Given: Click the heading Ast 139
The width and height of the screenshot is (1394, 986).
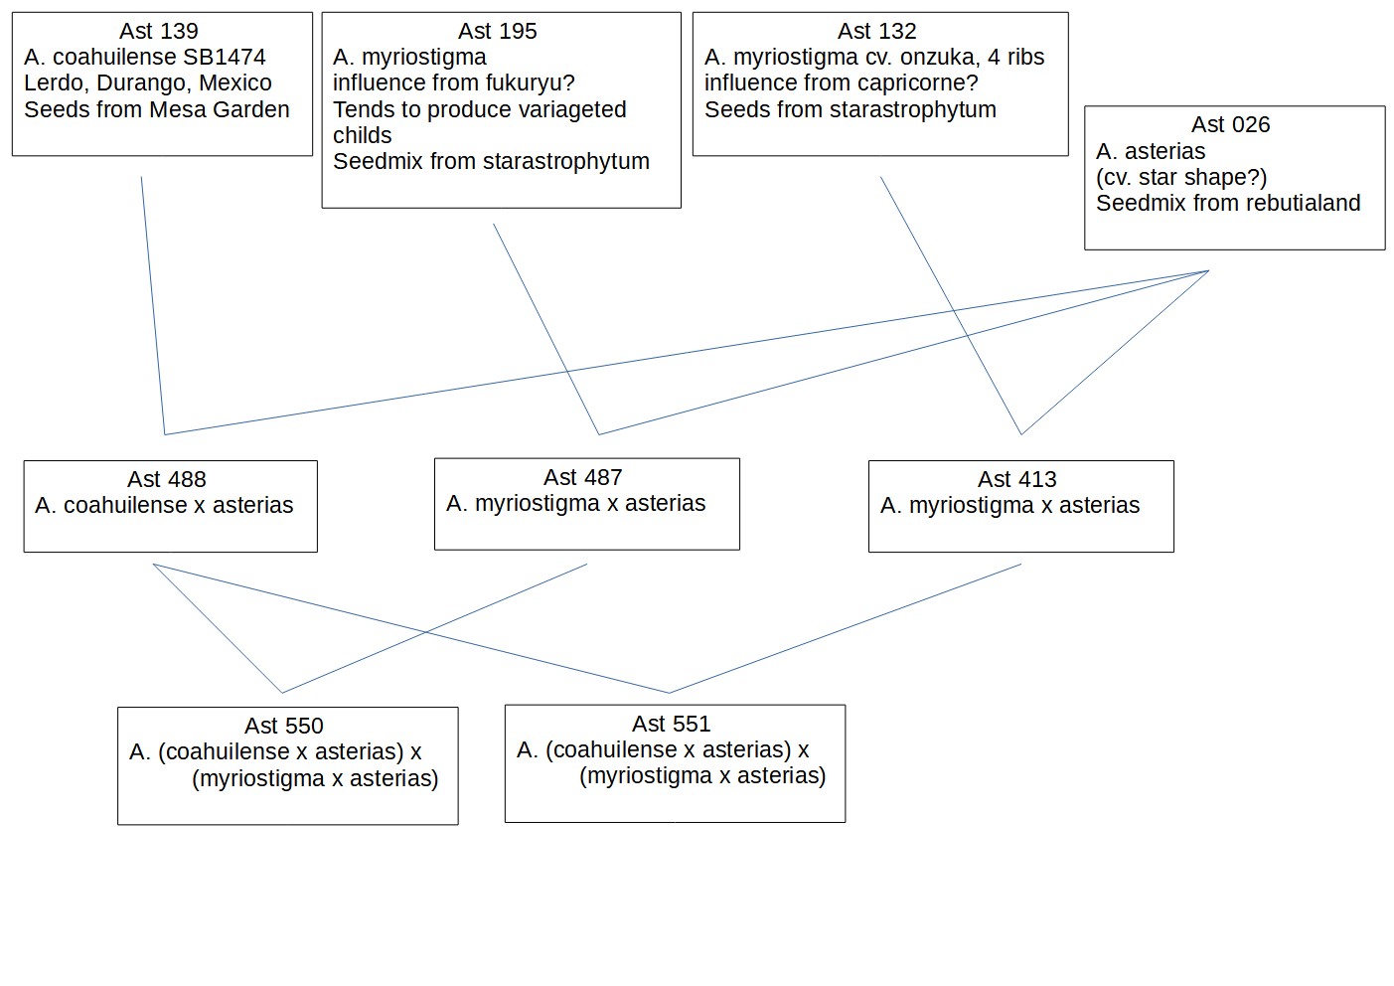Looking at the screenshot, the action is click(159, 31).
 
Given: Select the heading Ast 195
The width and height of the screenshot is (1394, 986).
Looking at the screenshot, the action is click(497, 31).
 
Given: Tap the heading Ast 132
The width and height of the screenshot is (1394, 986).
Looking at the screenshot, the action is click(877, 31).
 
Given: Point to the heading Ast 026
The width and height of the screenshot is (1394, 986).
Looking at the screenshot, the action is click(1230, 124).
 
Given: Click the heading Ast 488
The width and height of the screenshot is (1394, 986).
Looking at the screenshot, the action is click(167, 479).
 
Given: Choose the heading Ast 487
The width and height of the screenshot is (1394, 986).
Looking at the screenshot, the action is click(582, 477).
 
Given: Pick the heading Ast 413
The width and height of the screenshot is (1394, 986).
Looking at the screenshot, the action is click(1016, 479).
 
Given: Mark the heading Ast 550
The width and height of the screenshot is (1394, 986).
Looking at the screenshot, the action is click(284, 726).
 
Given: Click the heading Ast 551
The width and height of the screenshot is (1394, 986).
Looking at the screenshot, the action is click(671, 724).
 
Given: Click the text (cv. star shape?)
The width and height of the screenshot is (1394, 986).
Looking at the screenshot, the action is click(1181, 177).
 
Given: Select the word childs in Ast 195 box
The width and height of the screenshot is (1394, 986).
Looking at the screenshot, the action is click(363, 135).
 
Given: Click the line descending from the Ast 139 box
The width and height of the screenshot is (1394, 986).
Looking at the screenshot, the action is click(153, 305).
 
